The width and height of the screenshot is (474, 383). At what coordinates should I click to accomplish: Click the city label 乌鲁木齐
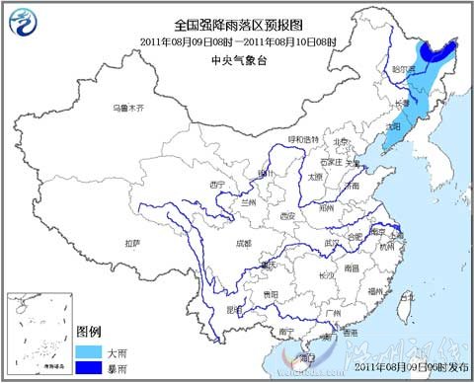coord(126,107)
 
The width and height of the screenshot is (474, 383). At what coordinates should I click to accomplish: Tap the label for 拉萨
coord(131,242)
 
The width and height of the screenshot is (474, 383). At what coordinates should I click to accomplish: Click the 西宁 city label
coord(219,184)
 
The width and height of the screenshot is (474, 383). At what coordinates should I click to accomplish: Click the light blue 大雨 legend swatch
coord(89,350)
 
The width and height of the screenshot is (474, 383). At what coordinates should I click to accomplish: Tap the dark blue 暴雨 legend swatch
coord(89,366)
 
